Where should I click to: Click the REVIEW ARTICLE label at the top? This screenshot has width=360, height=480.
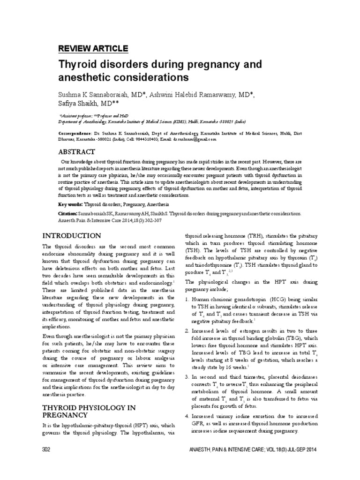pyautogui.click(x=92, y=48)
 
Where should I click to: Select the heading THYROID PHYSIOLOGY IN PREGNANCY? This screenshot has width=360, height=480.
pyautogui.click(x=82, y=411)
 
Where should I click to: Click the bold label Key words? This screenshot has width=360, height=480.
pyautogui.click(x=70, y=204)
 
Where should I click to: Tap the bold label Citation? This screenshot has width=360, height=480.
pyautogui.click(x=68, y=213)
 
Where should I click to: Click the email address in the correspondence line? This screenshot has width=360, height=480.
pyautogui.click(x=195, y=139)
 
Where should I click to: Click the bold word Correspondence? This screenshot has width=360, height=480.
pyautogui.click(x=74, y=133)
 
